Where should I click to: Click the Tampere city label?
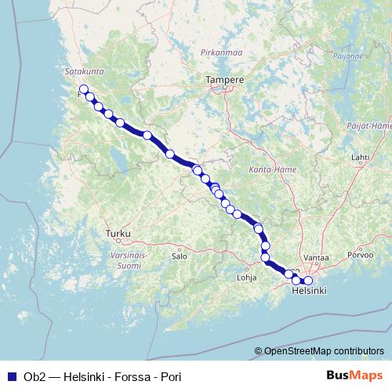click(x=224, y=80)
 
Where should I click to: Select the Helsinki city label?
click(x=308, y=290)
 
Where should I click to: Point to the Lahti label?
click(x=360, y=157)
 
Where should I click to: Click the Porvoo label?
click(x=361, y=256)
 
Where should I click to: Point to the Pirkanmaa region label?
click(x=220, y=52)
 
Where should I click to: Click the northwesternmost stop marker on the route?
click(x=83, y=89)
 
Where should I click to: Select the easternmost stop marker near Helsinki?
click(x=308, y=280)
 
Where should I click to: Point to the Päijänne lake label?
click(x=350, y=56)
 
